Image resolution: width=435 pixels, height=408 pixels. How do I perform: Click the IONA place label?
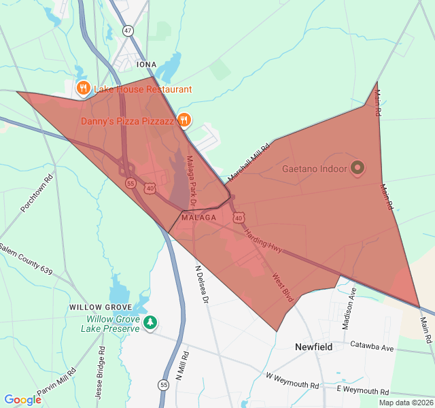[146, 65]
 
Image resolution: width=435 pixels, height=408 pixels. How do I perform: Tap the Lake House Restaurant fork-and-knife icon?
[83, 88]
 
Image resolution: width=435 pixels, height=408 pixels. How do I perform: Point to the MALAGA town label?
[198, 218]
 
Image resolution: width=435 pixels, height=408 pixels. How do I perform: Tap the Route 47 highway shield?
[128, 31]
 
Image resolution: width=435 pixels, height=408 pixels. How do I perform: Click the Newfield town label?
[314, 347]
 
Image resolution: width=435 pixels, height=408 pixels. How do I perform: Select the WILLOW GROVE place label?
[100, 307]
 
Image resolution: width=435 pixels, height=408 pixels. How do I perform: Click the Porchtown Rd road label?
[37, 195]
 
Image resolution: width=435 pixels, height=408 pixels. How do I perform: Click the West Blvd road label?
[282, 288]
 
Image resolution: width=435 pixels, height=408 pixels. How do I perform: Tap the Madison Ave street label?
[348, 308]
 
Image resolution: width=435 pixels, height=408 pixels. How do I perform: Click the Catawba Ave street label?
[372, 347]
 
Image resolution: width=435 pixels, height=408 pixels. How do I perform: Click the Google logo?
[23, 400]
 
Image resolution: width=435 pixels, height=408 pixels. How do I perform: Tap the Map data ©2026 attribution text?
[406, 403]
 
